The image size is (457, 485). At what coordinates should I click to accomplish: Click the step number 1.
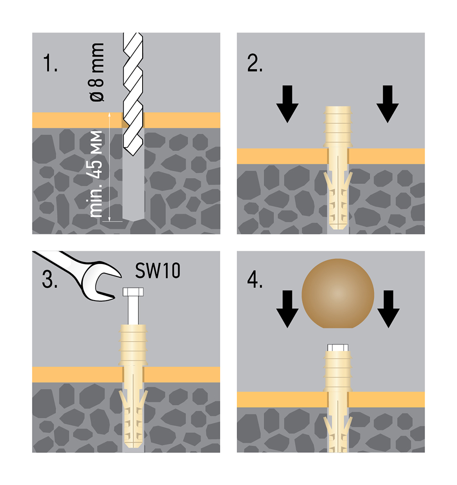pyautogui.click(x=50, y=64)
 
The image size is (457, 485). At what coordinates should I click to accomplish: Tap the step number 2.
pyautogui.click(x=255, y=64)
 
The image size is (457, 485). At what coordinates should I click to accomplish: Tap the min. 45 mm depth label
pyautogui.click(x=97, y=174)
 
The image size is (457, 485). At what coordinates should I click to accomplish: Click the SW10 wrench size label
pyautogui.click(x=158, y=271)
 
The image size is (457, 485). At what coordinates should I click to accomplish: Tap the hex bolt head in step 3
pyautogui.click(x=133, y=292)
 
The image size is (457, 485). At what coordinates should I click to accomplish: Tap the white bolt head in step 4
pyautogui.click(x=338, y=348)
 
